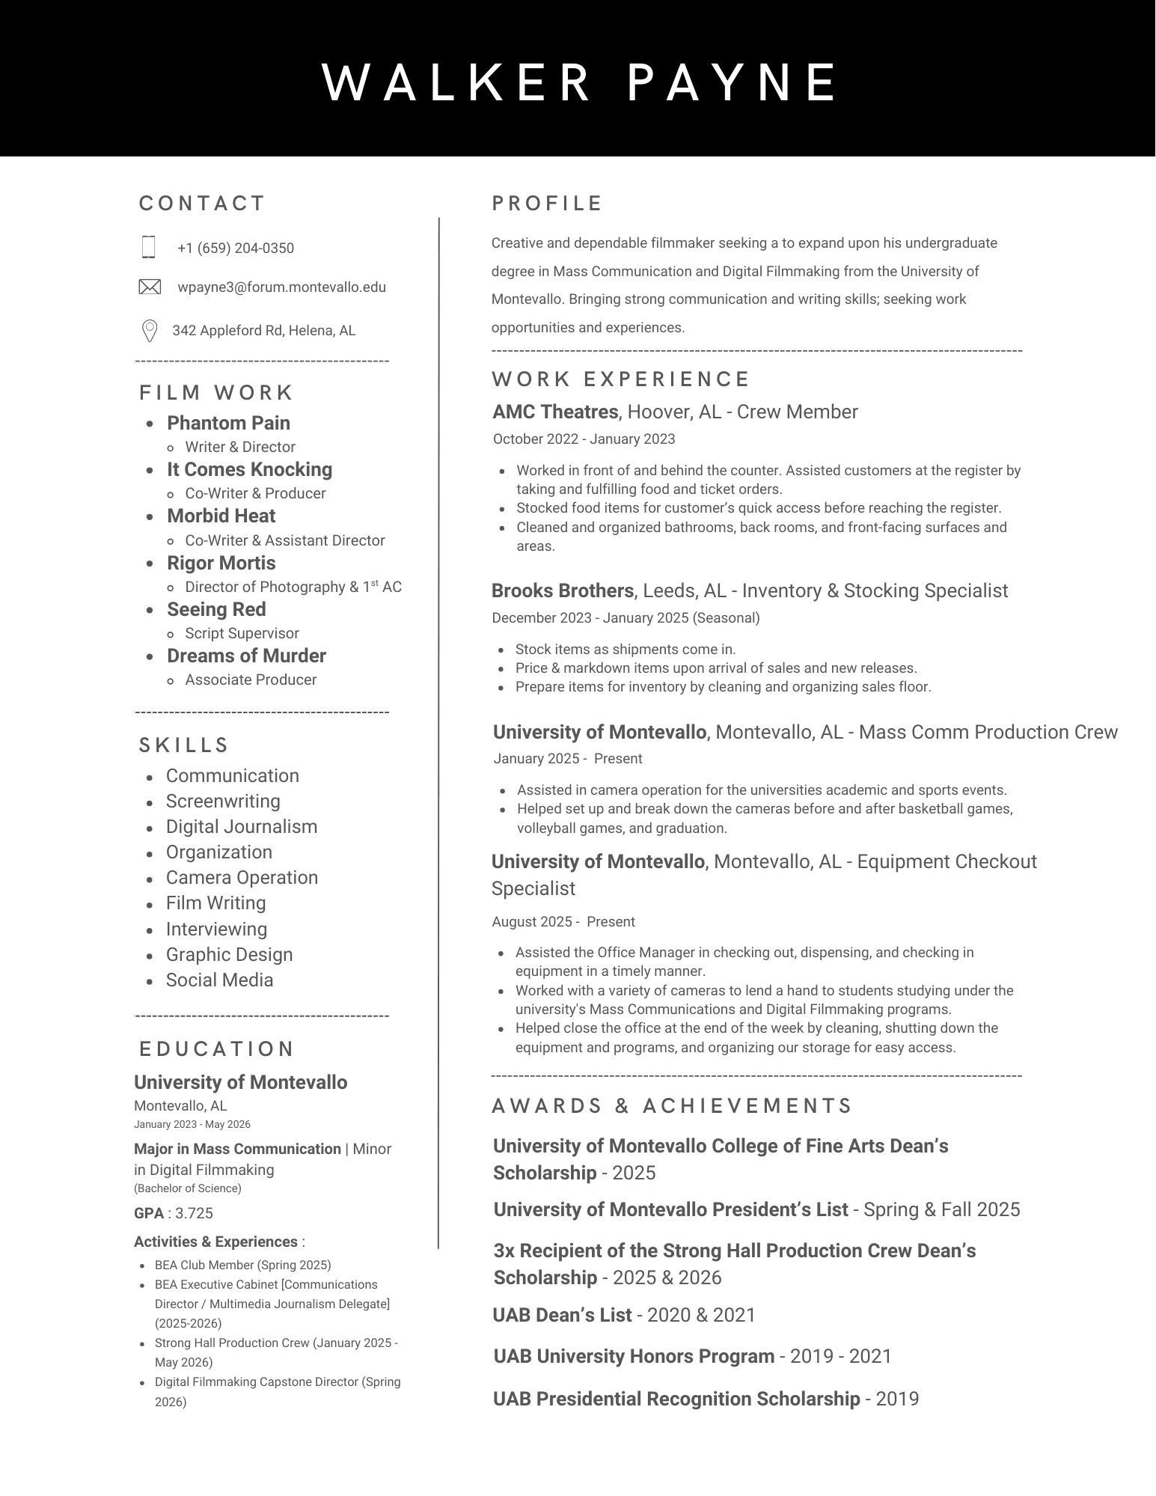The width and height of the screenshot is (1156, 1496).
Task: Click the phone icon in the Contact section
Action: point(148,247)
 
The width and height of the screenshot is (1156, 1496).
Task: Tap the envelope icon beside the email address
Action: point(150,287)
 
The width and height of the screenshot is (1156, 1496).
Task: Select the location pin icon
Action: point(150,330)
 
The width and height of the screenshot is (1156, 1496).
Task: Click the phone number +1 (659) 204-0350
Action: point(236,248)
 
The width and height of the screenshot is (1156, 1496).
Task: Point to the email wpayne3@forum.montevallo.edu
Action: point(282,287)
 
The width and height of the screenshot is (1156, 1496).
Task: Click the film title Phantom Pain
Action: point(228,423)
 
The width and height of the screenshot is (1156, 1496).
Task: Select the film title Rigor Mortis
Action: point(221,563)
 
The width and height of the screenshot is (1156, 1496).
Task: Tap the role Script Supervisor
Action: point(242,633)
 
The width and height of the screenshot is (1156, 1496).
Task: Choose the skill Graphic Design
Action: point(229,954)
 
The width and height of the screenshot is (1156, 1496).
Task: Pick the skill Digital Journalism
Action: point(242,826)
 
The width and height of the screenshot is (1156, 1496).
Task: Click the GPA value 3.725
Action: point(194,1213)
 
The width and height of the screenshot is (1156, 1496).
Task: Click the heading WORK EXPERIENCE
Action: point(620,379)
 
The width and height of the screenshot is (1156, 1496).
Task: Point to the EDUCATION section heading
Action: point(216,1048)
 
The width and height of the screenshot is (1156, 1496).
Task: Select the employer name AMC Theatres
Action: point(555,412)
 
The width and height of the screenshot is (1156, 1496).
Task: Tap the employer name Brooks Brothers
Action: point(563,590)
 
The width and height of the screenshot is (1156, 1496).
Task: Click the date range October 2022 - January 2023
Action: point(584,439)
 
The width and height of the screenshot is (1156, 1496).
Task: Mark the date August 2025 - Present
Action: point(563,922)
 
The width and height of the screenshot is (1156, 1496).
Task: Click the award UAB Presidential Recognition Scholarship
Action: point(676,1399)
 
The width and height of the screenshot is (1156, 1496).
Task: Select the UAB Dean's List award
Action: point(562,1315)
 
